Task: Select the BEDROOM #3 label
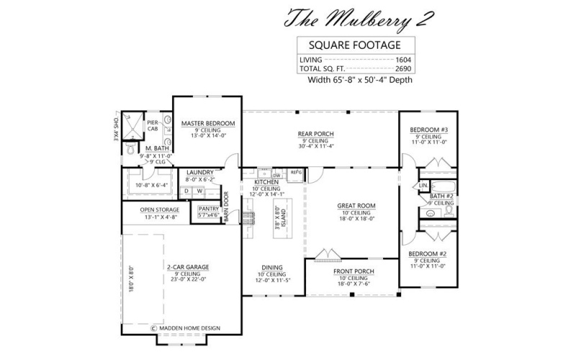pos(429,130)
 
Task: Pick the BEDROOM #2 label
pos(428,254)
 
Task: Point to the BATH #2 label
pos(441,196)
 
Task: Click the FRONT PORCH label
pos(351,272)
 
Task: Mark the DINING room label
pos(271,267)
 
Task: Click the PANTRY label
pos(208,209)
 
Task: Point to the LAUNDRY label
pos(199,173)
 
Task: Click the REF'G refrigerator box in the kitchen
pos(295,173)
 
